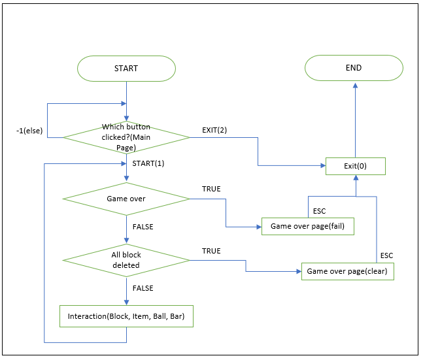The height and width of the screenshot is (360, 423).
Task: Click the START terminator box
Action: tap(126, 68)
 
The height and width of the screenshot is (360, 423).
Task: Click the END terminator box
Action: tap(354, 68)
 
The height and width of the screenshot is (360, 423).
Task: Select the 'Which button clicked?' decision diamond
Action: tap(126, 137)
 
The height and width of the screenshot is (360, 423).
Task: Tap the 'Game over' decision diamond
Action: tap(126, 198)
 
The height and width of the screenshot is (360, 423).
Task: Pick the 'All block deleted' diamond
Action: tap(126, 261)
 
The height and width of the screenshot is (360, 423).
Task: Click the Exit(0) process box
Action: tap(355, 166)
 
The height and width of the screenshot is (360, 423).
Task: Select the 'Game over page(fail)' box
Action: tap(307, 227)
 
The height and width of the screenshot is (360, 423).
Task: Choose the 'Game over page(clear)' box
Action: tap(347, 270)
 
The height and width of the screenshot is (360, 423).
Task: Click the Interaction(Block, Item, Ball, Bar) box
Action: tap(126, 318)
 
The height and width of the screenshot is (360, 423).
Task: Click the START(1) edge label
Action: tap(148, 163)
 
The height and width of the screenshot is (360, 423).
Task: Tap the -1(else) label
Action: tap(29, 131)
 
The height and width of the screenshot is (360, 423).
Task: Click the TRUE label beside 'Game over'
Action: tap(211, 189)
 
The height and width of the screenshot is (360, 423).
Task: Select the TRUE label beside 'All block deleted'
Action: tap(211, 251)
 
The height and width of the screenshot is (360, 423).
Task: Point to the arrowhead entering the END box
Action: tap(355, 85)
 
